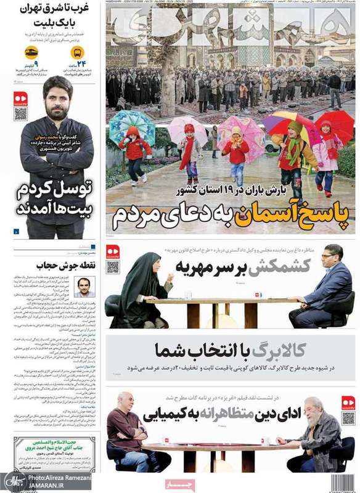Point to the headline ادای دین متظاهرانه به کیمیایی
tap(222, 414)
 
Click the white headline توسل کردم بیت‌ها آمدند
tap(54, 195)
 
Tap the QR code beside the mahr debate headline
tap(112, 266)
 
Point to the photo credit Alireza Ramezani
tap(58, 478)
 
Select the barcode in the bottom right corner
tap(343, 483)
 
